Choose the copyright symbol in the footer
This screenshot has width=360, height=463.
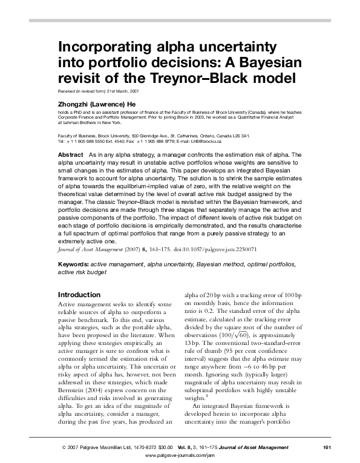tap(64, 447)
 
